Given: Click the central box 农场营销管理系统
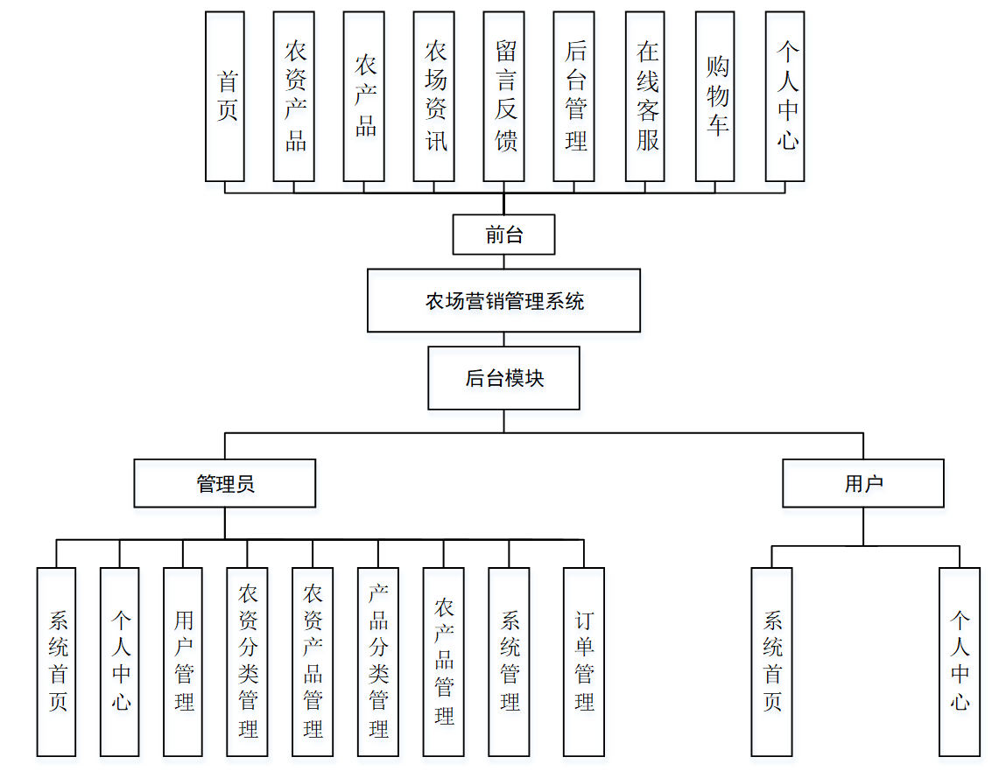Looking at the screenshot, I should [503, 301].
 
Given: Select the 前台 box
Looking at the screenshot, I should [503, 235].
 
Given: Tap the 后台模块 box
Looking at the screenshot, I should [503, 378].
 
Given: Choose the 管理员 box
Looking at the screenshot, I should [225, 483].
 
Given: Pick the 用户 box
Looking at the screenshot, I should [863, 483].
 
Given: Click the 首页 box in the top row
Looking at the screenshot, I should [225, 96].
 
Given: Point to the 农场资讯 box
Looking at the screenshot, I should [434, 96].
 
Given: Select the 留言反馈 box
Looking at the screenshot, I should [504, 96].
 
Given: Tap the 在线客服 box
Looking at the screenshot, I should [646, 96].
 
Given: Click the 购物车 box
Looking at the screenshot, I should [715, 96].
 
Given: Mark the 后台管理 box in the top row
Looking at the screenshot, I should [574, 96].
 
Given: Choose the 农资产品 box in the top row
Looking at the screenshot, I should [294, 96].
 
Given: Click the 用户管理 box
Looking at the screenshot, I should [183, 662].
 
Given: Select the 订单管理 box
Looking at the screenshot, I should [584, 662].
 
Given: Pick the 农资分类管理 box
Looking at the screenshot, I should [247, 662].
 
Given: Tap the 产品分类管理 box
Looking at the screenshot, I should [378, 662].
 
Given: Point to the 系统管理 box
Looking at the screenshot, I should [509, 662].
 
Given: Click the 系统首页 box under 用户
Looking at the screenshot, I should [771, 662].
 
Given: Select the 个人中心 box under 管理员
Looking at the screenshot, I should [120, 662].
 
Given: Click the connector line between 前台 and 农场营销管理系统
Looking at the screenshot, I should [503, 262].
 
